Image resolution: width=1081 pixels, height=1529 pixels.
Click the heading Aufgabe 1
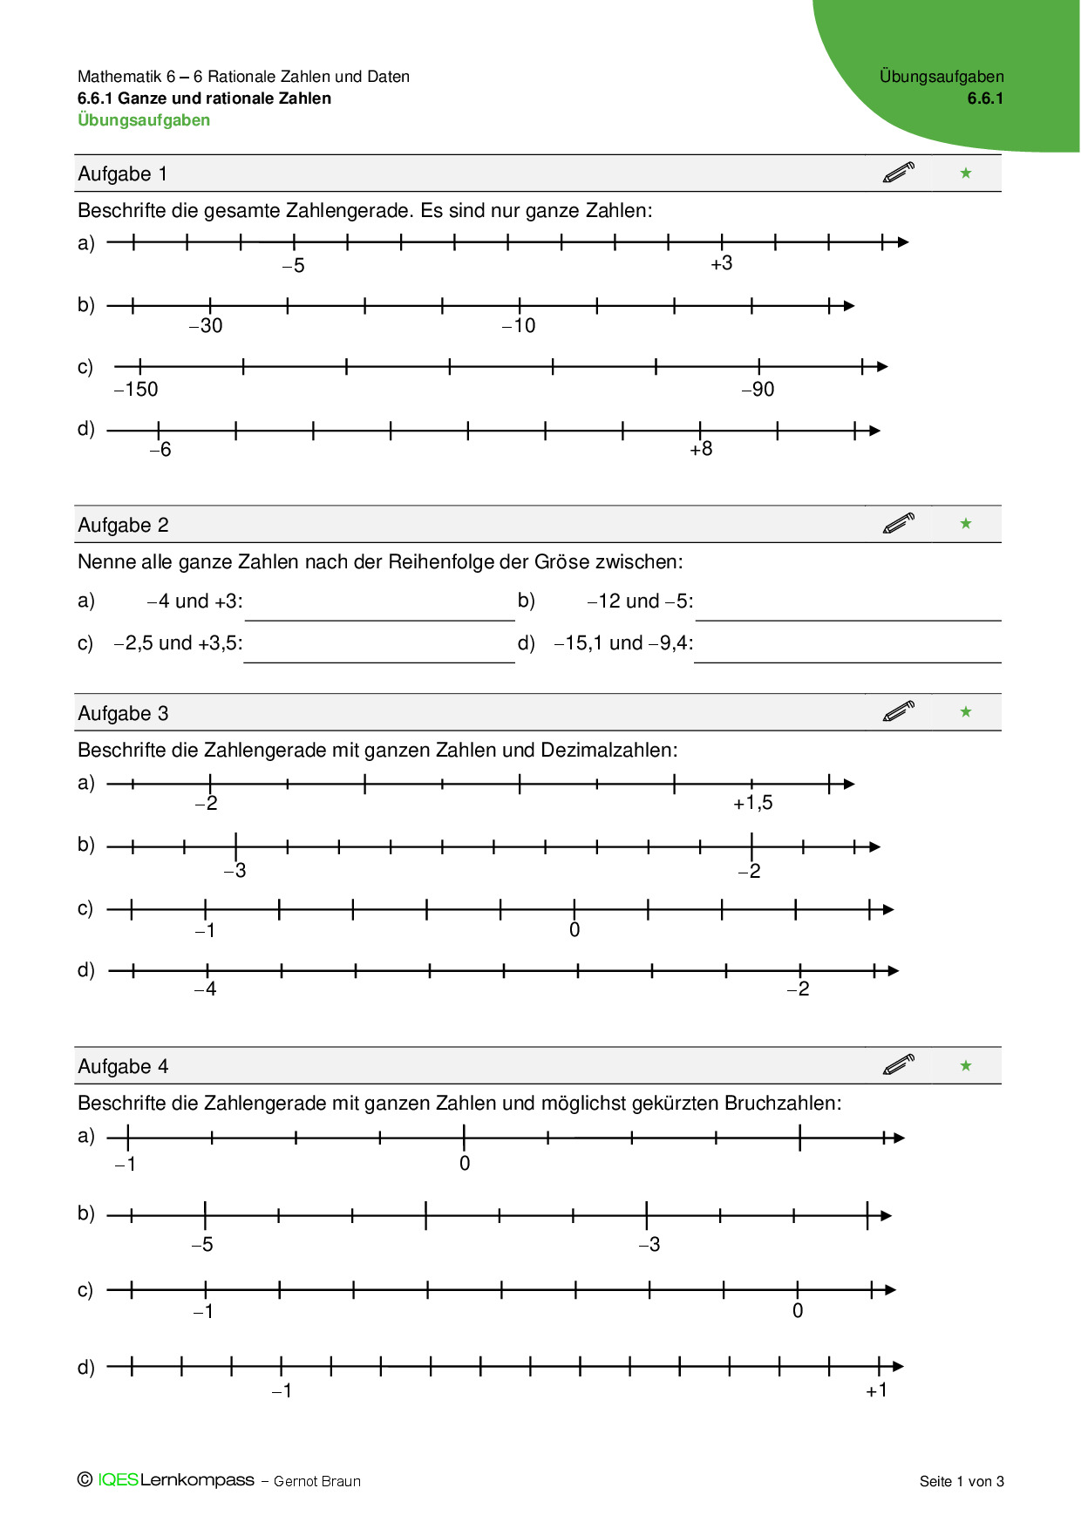click(x=122, y=174)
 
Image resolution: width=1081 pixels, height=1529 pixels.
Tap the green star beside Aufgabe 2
click(x=965, y=524)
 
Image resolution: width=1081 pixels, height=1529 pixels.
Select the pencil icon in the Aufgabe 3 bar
click(x=898, y=711)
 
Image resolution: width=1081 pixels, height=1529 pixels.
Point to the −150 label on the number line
click(x=136, y=390)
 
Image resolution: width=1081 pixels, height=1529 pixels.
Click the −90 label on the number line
click(x=758, y=390)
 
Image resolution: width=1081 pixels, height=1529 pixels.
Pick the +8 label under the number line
click(x=701, y=450)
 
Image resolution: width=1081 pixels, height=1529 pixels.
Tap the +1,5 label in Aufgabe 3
click(x=752, y=803)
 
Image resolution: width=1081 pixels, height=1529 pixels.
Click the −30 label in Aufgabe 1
click(x=206, y=326)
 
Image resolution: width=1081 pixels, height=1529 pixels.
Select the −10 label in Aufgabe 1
click(x=519, y=326)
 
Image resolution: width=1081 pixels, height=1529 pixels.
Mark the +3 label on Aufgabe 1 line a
click(x=721, y=264)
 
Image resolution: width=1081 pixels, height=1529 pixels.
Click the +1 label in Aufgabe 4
click(x=876, y=1390)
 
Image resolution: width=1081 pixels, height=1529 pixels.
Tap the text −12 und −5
click(x=640, y=601)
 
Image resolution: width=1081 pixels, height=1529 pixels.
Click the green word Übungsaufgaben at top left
click(x=144, y=120)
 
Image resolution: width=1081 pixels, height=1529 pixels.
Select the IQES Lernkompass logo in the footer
click(x=166, y=1480)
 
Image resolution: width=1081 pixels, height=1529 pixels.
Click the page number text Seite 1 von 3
click(x=962, y=1481)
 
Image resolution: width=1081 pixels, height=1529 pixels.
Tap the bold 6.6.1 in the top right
click(x=985, y=99)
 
